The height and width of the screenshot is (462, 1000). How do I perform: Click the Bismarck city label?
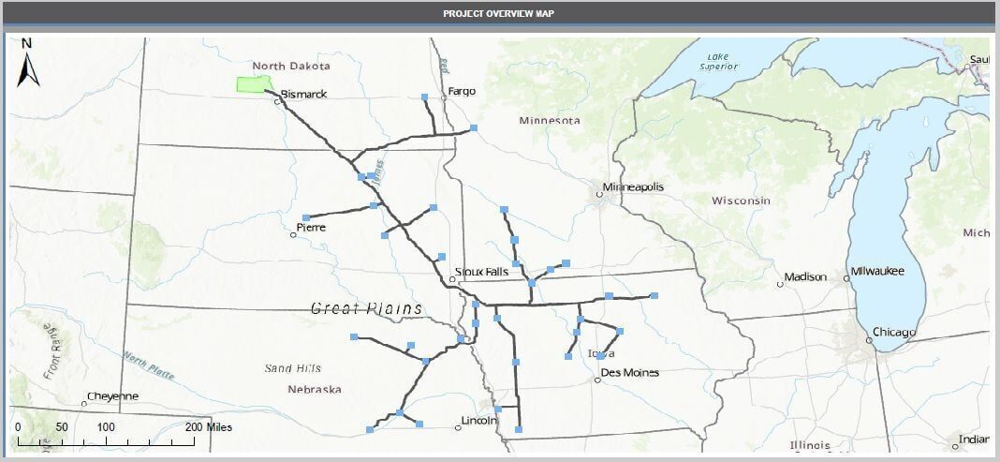pos(303,95)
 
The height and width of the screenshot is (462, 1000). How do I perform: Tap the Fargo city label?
pos(462,91)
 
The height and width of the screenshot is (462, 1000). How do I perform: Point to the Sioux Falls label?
pos(481,272)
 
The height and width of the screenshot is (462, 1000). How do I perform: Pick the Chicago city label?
pos(894,332)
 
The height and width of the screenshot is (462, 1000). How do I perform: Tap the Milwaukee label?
pos(877,271)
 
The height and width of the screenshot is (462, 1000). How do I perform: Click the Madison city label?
pos(805,276)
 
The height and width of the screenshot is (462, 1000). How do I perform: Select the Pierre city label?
pos(310,227)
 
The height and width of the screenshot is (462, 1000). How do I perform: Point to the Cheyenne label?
pos(112,396)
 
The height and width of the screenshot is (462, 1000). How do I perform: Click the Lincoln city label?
pos(478,421)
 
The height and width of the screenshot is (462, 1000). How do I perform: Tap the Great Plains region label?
pos(366,308)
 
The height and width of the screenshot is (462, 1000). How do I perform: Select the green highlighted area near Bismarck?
pos(254,84)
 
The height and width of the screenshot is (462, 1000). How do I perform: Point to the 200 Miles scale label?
pos(209,427)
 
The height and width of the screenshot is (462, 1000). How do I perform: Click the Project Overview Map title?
pos(499,14)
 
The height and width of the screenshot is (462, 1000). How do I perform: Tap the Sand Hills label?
pos(293,367)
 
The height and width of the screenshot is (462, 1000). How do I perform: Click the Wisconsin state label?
pos(741,201)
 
